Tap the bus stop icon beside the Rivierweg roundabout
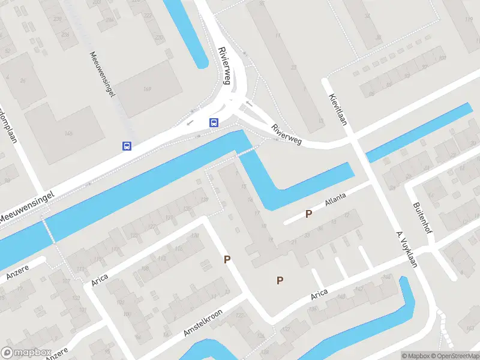click(x=214, y=122)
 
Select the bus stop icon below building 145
click(x=127, y=146)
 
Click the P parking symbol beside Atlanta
click(x=309, y=214)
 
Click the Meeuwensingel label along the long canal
click(x=27, y=207)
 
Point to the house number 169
click(x=146, y=91)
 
